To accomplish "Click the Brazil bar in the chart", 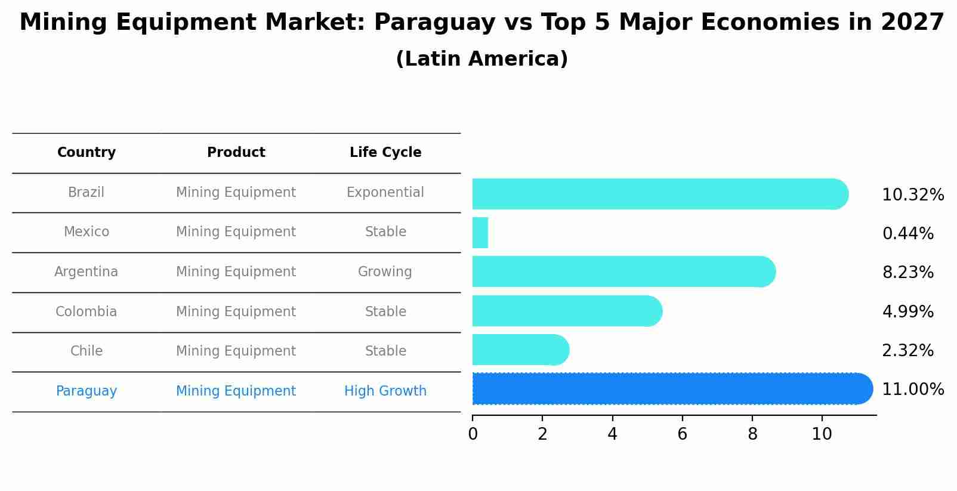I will pos(659,194).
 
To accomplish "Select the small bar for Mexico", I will pos(480,233).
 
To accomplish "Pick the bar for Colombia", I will pos(567,311).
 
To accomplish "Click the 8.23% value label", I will pos(907,273).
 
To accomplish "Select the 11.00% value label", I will pos(912,390).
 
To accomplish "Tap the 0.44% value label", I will pos(907,234).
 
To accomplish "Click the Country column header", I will pos(87,153).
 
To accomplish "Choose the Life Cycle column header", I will pos(385,153).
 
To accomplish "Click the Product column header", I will pos(236,153).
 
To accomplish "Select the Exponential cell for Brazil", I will pos(385,193).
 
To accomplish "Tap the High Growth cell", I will pos(385,391).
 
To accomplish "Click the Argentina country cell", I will pos(87,272).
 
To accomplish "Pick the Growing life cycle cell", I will pos(385,272).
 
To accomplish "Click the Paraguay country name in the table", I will pos(87,391).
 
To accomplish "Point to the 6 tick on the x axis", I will pos(682,434).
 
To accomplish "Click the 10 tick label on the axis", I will pos(822,434).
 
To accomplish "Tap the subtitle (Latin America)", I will pos(481,59).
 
